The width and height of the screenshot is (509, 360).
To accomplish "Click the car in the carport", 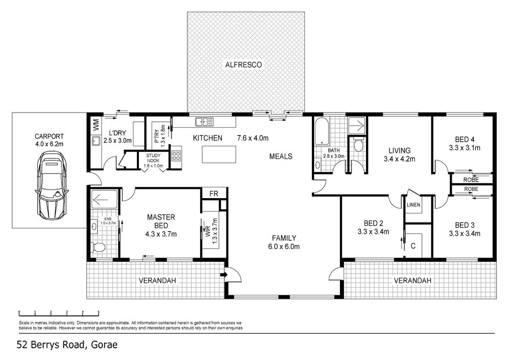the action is tap(52, 185).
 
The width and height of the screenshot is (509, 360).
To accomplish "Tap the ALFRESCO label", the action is tap(243, 65).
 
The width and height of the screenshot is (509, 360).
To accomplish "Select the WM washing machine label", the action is tap(96, 125).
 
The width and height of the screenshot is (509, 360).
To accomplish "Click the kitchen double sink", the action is tap(204, 122).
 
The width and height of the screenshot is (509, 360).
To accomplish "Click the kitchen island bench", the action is tap(219, 154).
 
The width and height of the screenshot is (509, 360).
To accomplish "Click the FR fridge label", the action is tap(214, 194).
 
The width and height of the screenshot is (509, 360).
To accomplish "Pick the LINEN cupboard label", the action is tap(413, 205).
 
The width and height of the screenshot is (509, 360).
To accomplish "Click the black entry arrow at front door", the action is tap(223, 274).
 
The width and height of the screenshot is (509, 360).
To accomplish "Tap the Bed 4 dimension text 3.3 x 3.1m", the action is tap(465, 148).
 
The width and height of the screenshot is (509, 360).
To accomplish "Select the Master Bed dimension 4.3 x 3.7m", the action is tap(161, 234).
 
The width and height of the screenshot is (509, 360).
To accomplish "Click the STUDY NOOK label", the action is tap(153, 158).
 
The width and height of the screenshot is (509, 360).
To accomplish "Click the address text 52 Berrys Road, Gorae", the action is tap(67, 344).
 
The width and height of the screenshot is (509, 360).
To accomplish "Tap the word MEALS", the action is tap(281, 156).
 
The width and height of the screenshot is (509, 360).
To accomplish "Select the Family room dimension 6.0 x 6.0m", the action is tap(284, 247).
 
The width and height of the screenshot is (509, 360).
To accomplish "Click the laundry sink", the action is tap(96, 141).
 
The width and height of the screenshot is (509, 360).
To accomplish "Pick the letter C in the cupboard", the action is tap(413, 246).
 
